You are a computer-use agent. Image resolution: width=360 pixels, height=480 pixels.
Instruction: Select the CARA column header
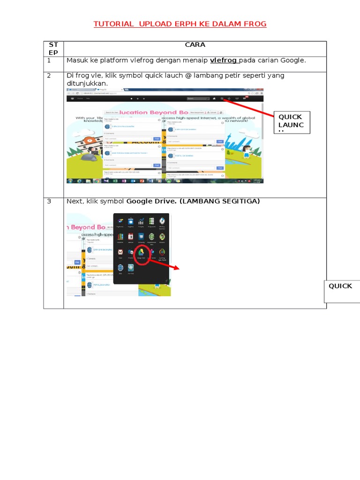195,45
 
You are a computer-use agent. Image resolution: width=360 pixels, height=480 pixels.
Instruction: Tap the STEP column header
53,49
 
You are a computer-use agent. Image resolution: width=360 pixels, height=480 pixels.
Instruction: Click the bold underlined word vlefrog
223,60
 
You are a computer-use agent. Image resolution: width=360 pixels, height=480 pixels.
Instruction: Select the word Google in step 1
292,60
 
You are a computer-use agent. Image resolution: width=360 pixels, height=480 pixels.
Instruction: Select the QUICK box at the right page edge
341,291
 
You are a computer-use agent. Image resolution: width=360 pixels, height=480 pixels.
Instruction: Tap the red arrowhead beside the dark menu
177,268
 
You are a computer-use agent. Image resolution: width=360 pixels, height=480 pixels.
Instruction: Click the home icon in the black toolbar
214,99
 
